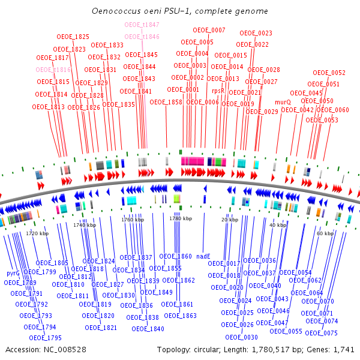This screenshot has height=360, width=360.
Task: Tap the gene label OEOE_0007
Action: click(x=209, y=30)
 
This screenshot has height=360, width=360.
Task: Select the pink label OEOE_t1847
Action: click(x=142, y=25)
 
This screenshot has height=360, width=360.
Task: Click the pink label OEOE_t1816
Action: click(x=53, y=70)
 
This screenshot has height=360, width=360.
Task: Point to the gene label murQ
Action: click(x=283, y=102)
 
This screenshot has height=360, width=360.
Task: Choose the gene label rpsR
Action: click(x=218, y=91)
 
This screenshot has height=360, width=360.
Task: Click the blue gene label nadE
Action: click(x=203, y=256)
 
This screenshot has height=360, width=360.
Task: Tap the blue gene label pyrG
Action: click(x=13, y=273)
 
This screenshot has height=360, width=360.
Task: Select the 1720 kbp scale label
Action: click(x=37, y=233)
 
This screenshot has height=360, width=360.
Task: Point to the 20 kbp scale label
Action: click(x=230, y=220)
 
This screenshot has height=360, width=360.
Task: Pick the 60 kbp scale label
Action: click(x=325, y=233)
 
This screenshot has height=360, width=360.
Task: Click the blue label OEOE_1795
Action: click(x=46, y=337)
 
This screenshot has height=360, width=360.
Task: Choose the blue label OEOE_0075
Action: click(x=322, y=333)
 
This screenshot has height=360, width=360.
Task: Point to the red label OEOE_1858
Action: click(x=166, y=102)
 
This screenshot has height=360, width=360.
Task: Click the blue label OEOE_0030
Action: click(x=242, y=337)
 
